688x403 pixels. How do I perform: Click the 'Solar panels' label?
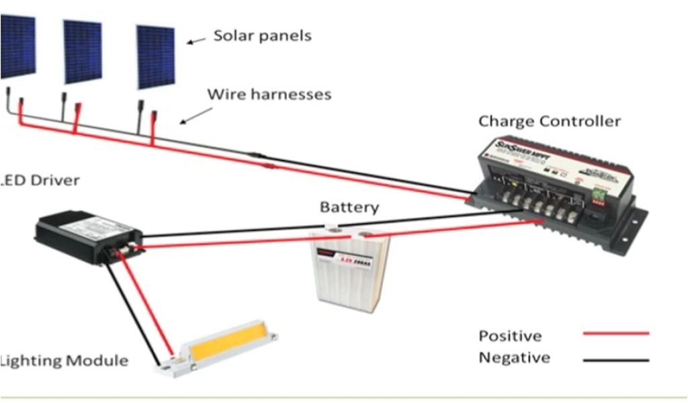point(263,36)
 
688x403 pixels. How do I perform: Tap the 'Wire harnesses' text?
point(269,94)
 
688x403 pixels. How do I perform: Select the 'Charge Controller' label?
point(549,122)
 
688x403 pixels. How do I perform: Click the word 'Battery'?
point(349,208)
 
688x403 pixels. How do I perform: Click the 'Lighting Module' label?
point(64,361)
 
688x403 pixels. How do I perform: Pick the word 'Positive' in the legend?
point(509,335)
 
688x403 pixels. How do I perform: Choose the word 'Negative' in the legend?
point(513,358)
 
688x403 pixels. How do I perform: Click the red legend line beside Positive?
point(616,333)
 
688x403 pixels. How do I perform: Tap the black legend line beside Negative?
point(616,360)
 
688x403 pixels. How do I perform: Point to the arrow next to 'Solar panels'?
point(196,40)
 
